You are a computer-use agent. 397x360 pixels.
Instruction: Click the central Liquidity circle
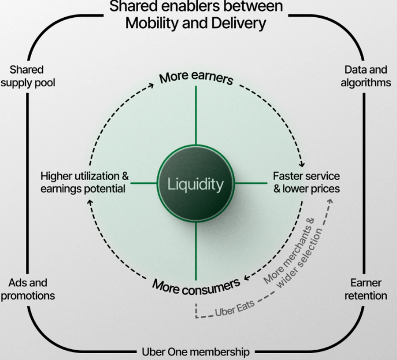pyautogui.click(x=196, y=184)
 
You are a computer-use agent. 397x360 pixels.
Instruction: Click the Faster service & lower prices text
pyautogui.click(x=306, y=182)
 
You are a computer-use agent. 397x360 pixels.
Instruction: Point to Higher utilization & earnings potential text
pyautogui.click(x=85, y=182)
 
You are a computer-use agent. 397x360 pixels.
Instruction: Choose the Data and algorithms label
pyautogui.click(x=365, y=76)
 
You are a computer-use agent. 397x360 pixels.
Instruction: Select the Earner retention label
pyautogui.click(x=366, y=289)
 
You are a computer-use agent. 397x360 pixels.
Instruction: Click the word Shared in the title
pyautogui.click(x=130, y=7)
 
